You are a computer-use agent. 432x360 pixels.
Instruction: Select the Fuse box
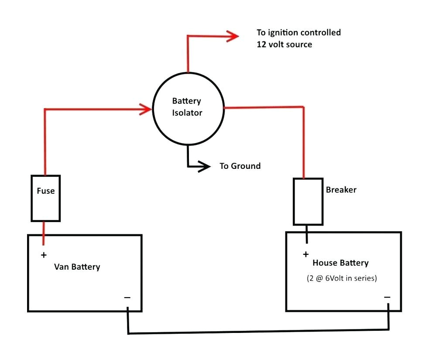(x=45, y=198)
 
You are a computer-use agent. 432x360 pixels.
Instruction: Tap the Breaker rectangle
(x=308, y=201)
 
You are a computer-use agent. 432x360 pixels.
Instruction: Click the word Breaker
(x=341, y=190)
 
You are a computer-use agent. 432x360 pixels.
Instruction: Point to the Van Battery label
(x=77, y=267)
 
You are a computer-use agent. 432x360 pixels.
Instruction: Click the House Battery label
(x=340, y=263)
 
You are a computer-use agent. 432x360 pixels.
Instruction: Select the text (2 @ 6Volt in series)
(x=341, y=278)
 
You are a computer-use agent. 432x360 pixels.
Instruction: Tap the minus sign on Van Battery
(x=127, y=298)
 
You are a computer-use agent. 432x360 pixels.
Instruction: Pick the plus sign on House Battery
(x=305, y=254)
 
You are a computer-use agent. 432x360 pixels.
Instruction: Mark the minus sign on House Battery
(x=387, y=297)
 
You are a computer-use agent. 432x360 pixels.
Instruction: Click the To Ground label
(x=240, y=166)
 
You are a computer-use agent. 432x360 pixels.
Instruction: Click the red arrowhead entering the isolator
(x=145, y=109)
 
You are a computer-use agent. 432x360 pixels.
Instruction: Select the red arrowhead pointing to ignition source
(x=232, y=36)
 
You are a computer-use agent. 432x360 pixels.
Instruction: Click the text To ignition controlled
(x=299, y=33)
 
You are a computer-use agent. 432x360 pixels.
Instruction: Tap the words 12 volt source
(x=285, y=45)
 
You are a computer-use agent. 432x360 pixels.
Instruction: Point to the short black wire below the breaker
(x=307, y=234)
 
